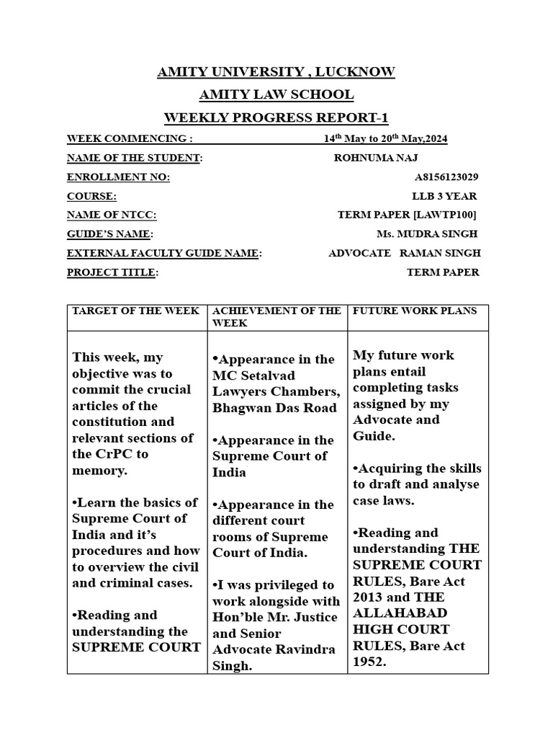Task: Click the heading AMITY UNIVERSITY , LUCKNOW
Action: tap(276, 72)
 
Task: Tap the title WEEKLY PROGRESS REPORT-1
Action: tap(276, 118)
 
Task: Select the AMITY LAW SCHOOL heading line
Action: tap(276, 95)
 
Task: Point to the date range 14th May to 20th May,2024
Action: tap(385, 139)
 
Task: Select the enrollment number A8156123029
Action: tap(446, 177)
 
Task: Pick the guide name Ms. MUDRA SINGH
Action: tap(426, 234)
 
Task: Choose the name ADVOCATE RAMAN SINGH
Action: tap(404, 253)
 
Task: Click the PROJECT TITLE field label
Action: tap(112, 272)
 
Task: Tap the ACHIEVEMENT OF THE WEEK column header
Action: tap(276, 317)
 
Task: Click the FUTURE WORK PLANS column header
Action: tap(415, 311)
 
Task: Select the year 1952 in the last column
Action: tap(369, 662)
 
